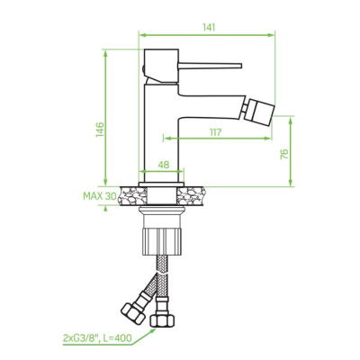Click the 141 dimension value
209,27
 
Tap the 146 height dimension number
100,130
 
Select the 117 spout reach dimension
215,132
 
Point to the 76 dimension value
284,154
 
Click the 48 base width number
164,165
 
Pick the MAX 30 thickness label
100,196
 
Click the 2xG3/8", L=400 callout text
97,338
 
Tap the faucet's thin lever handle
210,66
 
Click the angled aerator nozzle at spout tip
259,112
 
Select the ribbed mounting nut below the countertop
162,241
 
